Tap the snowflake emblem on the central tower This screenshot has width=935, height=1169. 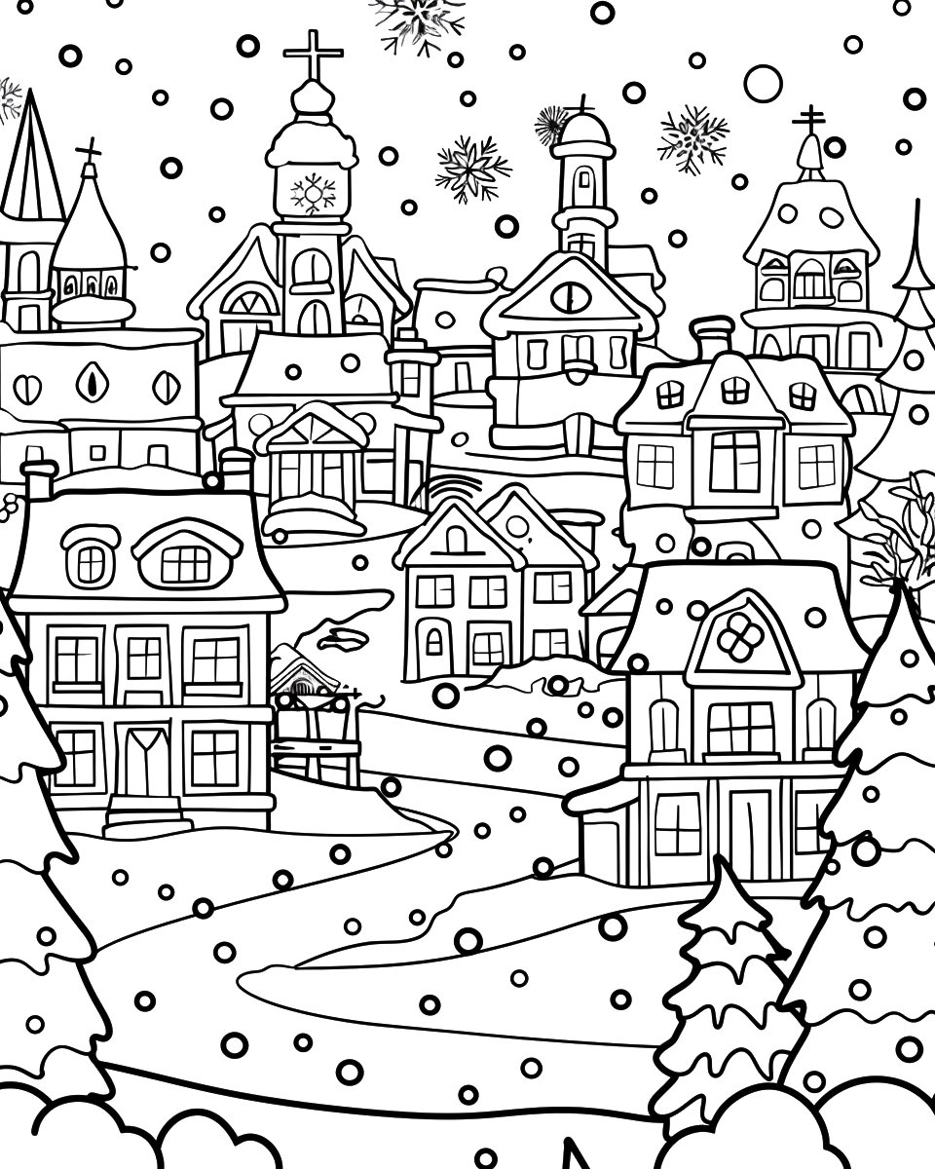click(312, 192)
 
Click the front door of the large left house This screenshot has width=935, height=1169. click(146, 760)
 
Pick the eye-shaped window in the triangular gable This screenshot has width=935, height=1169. click(570, 296)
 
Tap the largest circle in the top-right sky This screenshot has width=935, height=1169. click(763, 83)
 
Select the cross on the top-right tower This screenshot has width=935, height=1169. click(808, 120)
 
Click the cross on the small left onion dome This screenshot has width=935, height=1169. click(89, 151)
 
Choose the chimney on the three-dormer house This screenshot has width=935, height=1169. click(712, 337)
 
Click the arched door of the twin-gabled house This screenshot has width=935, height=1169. click(434, 640)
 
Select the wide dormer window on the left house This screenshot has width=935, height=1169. click(185, 561)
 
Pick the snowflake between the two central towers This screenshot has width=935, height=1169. click(472, 168)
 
